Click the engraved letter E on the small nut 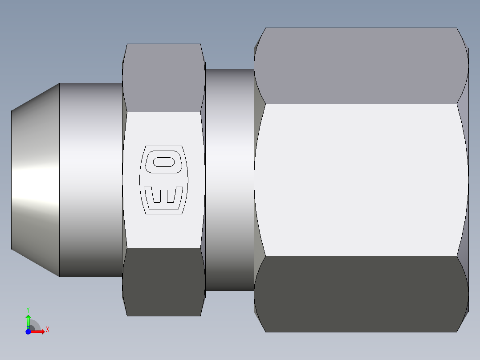click(x=163, y=195)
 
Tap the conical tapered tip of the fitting click(x=36, y=178)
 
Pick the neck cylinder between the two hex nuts click(x=229, y=178)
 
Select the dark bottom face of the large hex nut click(x=361, y=294)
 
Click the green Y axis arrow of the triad click(x=28, y=319)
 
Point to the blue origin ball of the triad click(x=28, y=331)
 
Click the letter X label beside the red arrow click(x=47, y=330)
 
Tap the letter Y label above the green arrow click(x=28, y=309)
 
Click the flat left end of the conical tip click(x=12, y=178)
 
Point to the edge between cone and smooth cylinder click(x=59, y=178)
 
